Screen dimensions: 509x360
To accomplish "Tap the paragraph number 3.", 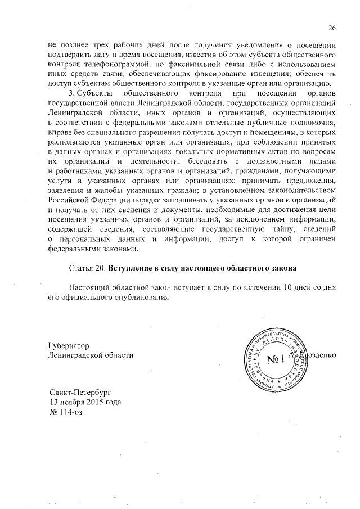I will (71, 93).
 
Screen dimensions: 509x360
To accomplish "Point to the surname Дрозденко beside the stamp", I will (315, 355).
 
